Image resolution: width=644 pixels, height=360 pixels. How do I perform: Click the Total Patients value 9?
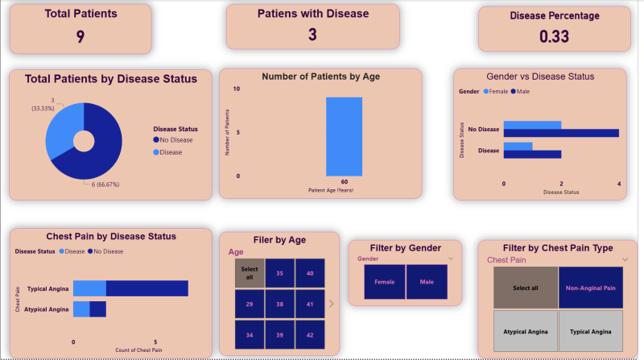tap(80, 36)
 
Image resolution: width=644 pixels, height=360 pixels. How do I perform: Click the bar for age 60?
tap(344, 136)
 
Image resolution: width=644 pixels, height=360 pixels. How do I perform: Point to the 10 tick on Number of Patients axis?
tap(236, 89)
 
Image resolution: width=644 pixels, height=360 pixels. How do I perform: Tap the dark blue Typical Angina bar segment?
tap(147, 288)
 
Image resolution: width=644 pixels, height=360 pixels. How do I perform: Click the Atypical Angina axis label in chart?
tap(47, 309)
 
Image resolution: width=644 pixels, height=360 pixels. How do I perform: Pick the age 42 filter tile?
tap(309, 335)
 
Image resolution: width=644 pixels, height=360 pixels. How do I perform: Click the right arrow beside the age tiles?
tap(332, 304)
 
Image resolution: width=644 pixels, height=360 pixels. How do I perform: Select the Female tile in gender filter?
tap(385, 283)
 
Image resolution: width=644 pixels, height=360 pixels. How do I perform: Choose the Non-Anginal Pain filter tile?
tap(591, 288)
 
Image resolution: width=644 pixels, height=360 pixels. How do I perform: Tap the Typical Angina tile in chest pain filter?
tap(591, 331)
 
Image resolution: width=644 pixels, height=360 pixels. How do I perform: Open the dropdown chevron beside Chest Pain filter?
tap(625, 260)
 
